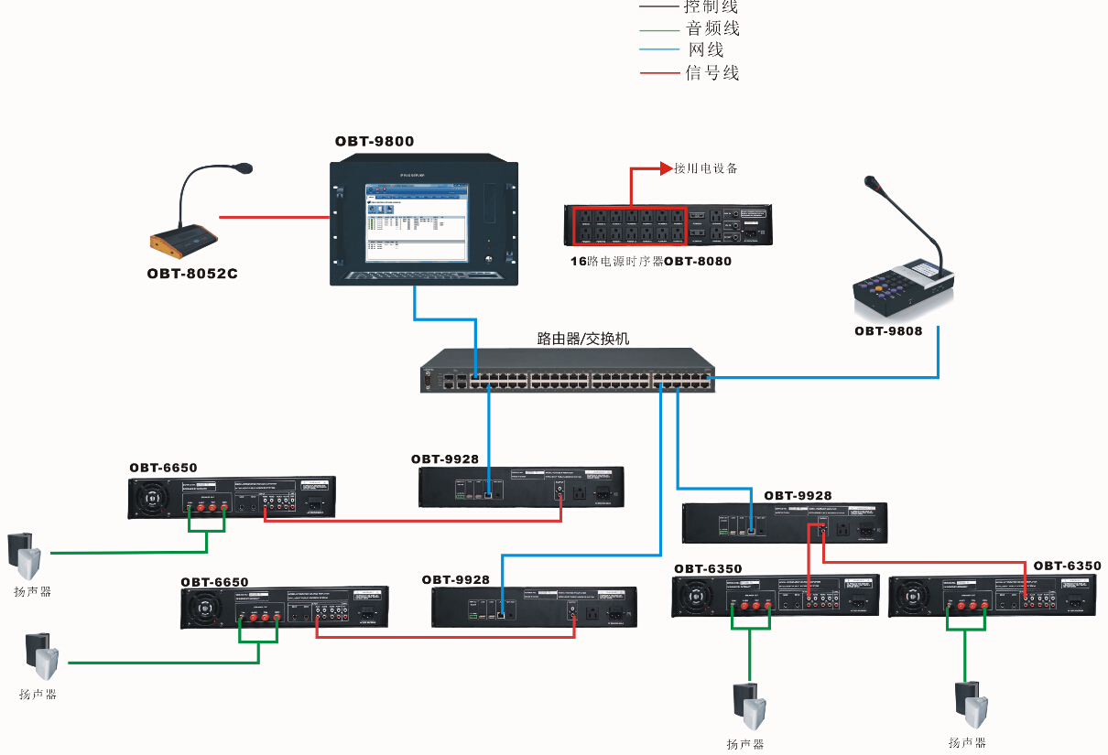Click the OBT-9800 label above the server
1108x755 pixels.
(x=374, y=142)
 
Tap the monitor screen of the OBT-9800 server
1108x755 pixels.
(x=417, y=219)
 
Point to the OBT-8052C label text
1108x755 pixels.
(x=192, y=274)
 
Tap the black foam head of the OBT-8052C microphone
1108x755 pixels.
(x=243, y=168)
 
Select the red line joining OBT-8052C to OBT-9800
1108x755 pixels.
(x=274, y=218)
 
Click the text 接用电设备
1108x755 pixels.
(x=706, y=168)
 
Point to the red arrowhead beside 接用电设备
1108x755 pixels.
(x=667, y=168)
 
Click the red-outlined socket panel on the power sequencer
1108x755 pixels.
(x=629, y=225)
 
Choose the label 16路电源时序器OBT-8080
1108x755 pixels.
(x=650, y=262)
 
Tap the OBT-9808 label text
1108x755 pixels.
(x=888, y=330)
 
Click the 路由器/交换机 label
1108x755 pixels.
(x=583, y=339)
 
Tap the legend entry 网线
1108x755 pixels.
(x=706, y=50)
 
